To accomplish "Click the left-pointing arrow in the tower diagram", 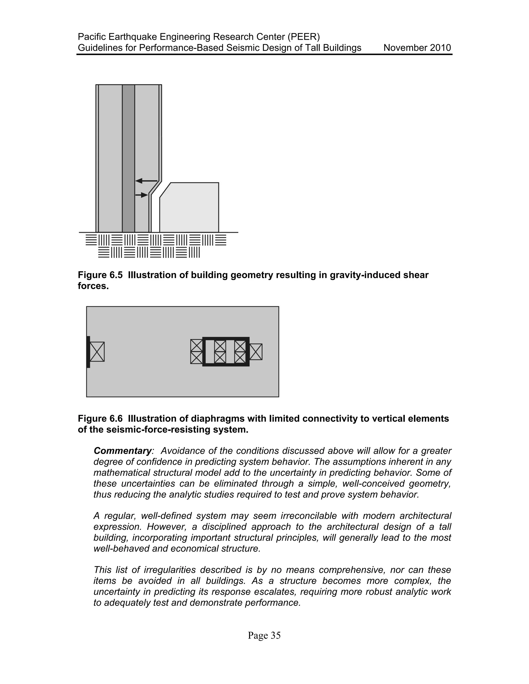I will pyautogui.click(x=146, y=181).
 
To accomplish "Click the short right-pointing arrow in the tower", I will pyautogui.click(x=141, y=195).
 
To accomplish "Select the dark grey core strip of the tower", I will pyautogui.click(x=128, y=157).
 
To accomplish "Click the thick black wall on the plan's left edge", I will pyautogui.click(x=88, y=352).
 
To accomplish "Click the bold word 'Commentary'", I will pyautogui.click(x=122, y=451).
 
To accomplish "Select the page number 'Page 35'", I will pyautogui.click(x=264, y=635).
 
